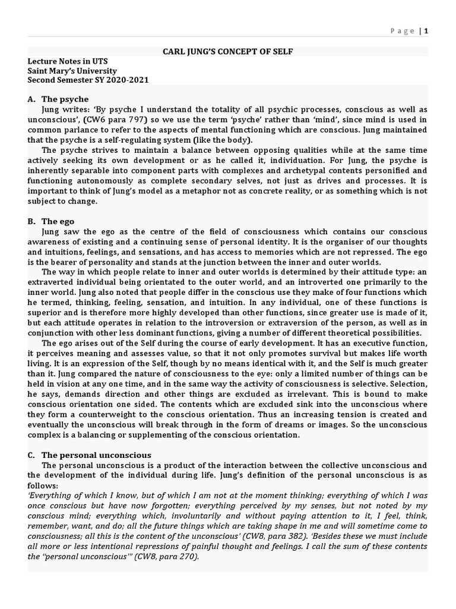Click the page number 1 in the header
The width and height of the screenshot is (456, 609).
tap(426, 32)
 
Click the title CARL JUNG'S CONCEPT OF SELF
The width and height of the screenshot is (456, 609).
tap(228, 52)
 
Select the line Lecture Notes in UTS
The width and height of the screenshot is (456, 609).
tap(68, 61)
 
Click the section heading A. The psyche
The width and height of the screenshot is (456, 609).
tap(58, 99)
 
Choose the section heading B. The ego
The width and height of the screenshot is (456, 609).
tap(50, 221)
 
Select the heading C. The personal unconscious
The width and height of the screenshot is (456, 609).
tap(90, 455)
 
